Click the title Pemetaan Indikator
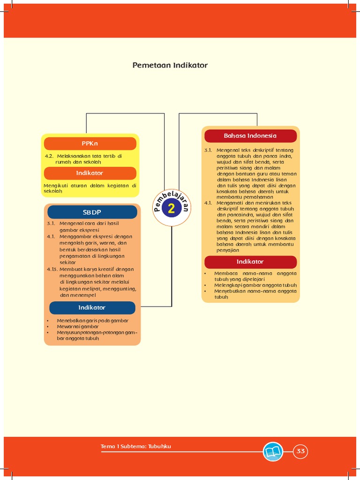pyautogui.click(x=170, y=65)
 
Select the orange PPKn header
pyautogui.click(x=90, y=142)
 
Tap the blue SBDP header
pyautogui.click(x=92, y=212)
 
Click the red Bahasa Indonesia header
pyautogui.click(x=250, y=136)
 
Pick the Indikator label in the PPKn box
pyautogui.click(x=90, y=173)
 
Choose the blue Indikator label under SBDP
pyautogui.click(x=92, y=307)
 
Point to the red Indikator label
pyautogui.click(x=250, y=262)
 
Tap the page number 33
pyautogui.click(x=300, y=451)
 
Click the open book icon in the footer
pyautogui.click(x=273, y=451)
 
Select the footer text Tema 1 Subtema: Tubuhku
pyautogui.click(x=136, y=446)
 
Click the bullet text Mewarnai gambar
pyautogui.click(x=78, y=327)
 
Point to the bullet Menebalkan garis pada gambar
pyautogui.click(x=92, y=321)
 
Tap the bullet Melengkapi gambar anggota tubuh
pyautogui.click(x=255, y=285)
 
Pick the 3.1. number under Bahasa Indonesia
pyautogui.click(x=208, y=150)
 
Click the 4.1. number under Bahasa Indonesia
pyautogui.click(x=208, y=203)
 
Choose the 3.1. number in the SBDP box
pyautogui.click(x=51, y=224)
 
